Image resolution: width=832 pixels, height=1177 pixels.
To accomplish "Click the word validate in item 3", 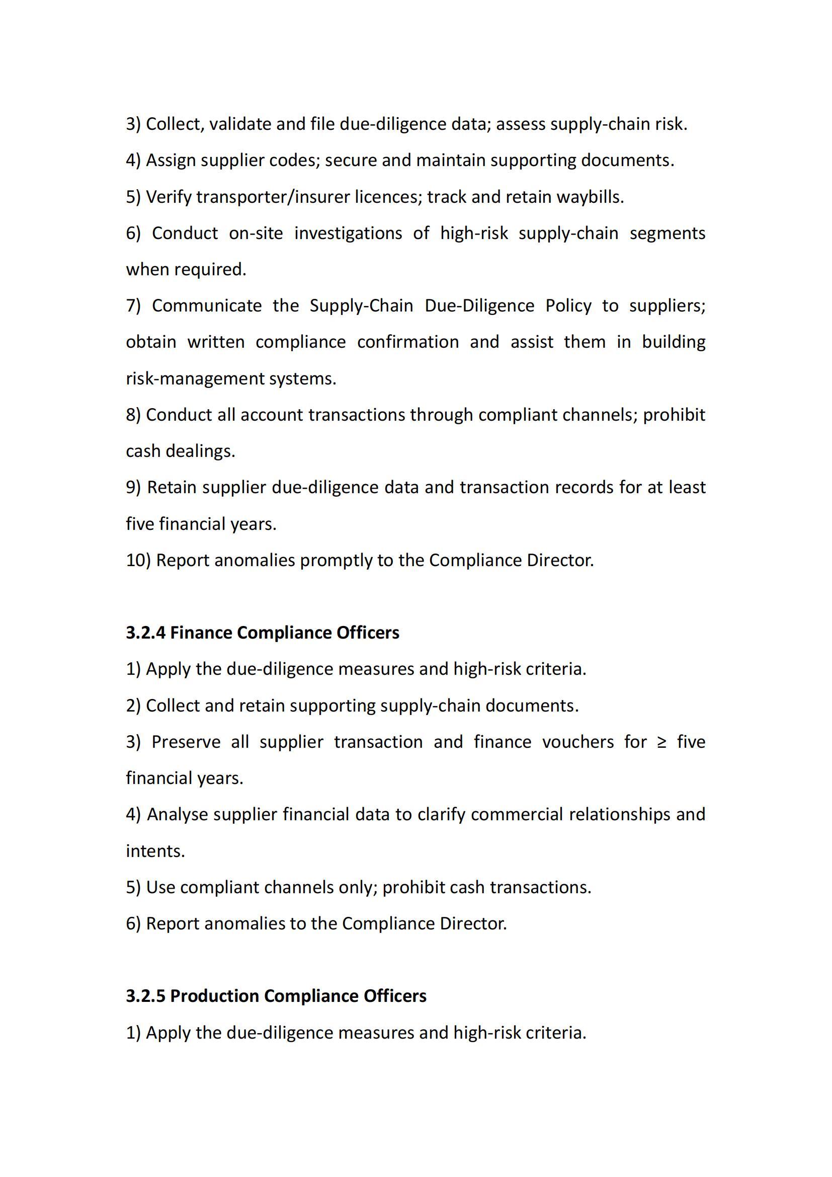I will tap(240, 124).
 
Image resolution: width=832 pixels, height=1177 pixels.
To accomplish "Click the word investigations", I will tap(348, 233).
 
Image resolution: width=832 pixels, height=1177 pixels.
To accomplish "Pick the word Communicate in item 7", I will tap(206, 305).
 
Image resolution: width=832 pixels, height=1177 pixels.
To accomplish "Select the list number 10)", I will tap(138, 560).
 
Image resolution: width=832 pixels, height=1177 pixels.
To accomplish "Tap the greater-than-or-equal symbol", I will tap(661, 742).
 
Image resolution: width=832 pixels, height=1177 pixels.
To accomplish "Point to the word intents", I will tap(155, 851).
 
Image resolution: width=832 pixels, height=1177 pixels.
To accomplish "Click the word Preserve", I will tap(186, 742).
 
